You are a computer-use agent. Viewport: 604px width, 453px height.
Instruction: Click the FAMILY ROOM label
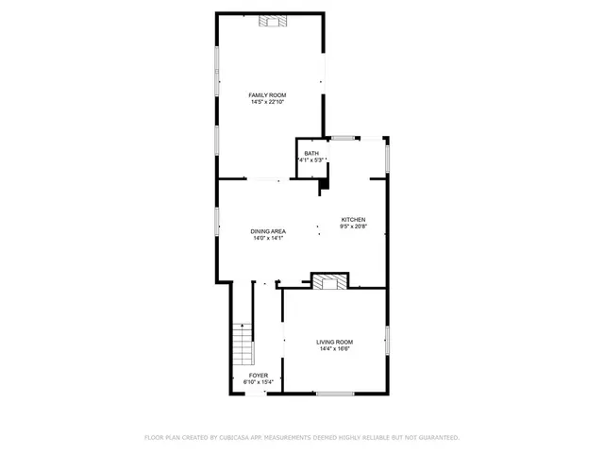point(267,95)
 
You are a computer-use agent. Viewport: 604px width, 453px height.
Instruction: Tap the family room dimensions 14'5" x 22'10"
point(267,102)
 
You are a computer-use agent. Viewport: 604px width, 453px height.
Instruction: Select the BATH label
point(311,153)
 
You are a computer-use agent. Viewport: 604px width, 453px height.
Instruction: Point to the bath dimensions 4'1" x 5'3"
point(311,160)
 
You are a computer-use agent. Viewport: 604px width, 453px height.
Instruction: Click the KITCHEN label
point(353,220)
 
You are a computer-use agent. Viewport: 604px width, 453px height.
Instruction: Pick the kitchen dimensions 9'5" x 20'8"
point(353,226)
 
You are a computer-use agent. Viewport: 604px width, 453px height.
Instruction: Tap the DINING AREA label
point(268,231)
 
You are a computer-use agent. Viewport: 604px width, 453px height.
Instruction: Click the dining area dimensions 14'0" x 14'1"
point(268,239)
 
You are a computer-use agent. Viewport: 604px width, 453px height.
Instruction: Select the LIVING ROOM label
point(335,342)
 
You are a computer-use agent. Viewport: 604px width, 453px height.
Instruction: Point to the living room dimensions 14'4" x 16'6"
point(335,349)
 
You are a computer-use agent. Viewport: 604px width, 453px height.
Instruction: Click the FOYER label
point(259,376)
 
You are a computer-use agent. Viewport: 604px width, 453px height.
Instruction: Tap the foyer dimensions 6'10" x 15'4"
point(258,382)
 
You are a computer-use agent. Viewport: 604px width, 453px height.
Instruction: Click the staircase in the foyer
point(243,344)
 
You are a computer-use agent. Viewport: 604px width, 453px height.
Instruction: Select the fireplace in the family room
point(273,21)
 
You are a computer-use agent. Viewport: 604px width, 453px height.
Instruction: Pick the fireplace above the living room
point(329,281)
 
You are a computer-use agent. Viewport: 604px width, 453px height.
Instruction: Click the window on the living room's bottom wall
point(335,394)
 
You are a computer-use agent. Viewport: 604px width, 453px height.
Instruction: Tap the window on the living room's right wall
point(387,340)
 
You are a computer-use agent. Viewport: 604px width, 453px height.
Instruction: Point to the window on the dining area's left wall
point(217,222)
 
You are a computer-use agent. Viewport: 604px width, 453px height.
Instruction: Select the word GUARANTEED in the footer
point(439,438)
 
